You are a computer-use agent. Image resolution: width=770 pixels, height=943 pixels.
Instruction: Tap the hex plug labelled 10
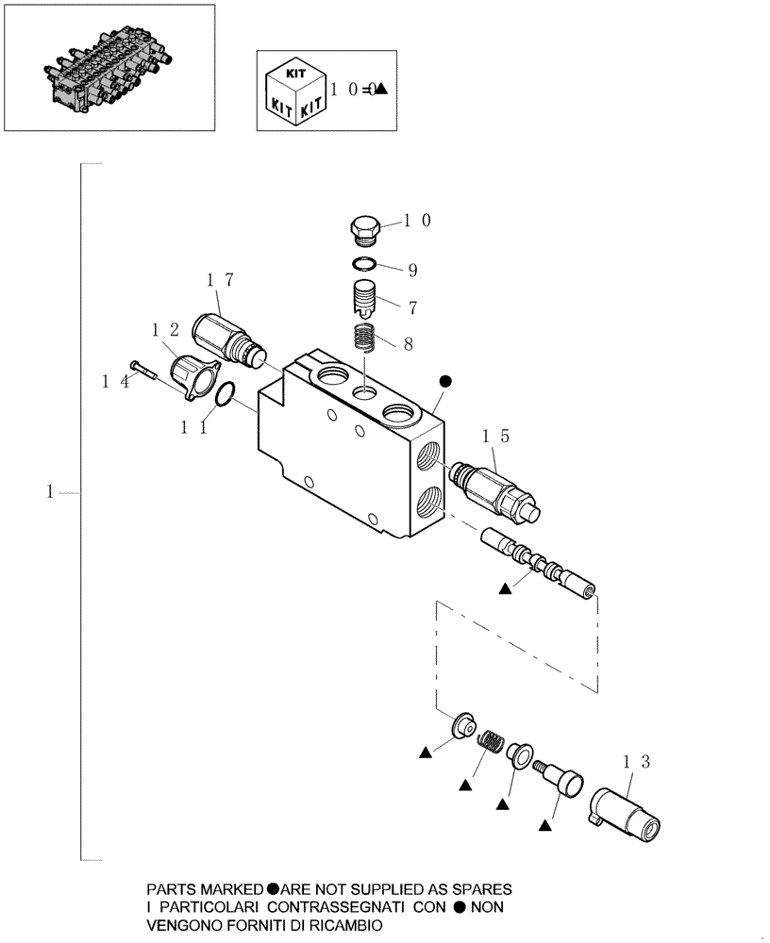(x=365, y=228)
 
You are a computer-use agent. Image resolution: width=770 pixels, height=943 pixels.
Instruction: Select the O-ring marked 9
(x=367, y=264)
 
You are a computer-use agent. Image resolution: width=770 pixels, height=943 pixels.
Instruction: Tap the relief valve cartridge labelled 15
(x=494, y=487)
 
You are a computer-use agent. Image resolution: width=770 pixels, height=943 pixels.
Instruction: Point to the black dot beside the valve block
(x=445, y=381)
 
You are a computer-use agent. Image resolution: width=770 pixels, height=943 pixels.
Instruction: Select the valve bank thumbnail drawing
(x=108, y=68)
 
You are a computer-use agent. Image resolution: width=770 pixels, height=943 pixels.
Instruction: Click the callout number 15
(x=495, y=436)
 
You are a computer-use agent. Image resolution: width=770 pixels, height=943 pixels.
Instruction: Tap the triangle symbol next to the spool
(x=505, y=587)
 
